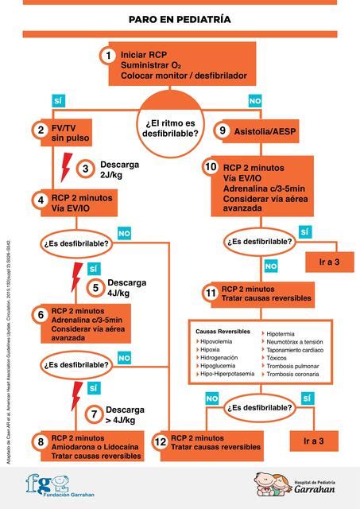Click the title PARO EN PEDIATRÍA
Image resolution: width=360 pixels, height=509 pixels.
coord(180,17)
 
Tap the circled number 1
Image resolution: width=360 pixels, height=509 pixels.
coord(108,56)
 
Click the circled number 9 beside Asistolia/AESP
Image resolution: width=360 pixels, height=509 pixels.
coord(223,130)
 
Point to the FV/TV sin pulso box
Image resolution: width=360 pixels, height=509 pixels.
coord(72,133)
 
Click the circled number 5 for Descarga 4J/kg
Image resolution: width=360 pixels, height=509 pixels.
coord(95,288)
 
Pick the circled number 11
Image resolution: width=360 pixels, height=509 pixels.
coord(210,293)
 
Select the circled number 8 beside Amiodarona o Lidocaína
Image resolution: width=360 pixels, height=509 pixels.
coord(40,441)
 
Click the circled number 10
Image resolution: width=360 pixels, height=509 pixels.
coord(210,168)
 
